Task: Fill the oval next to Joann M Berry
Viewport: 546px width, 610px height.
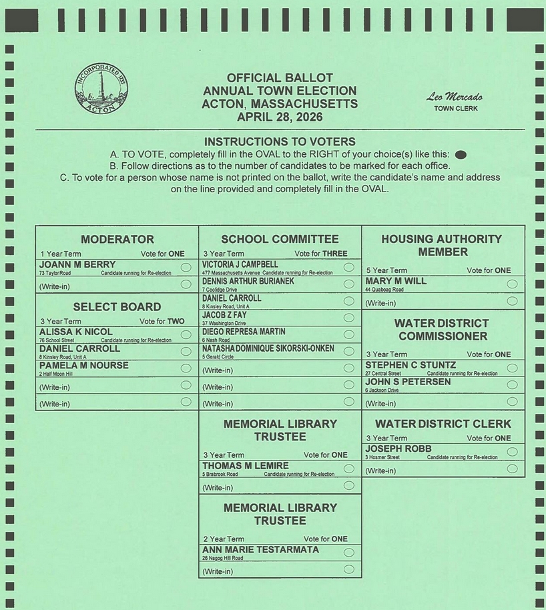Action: (x=186, y=267)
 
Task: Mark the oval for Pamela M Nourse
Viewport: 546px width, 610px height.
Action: (x=186, y=368)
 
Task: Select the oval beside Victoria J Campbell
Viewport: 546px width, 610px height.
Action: (x=348, y=267)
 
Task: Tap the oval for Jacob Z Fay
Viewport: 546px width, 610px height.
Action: (x=348, y=317)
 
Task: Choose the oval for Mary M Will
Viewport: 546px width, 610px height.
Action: (x=512, y=284)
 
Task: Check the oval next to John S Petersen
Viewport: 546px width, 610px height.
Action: (x=512, y=385)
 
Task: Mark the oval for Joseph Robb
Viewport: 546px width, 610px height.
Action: (x=512, y=452)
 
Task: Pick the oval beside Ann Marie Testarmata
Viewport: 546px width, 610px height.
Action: (x=348, y=553)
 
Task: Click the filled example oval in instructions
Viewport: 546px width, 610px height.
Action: (x=460, y=155)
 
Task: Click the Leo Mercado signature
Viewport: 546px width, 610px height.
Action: (x=455, y=97)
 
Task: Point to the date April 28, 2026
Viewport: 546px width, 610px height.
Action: (x=280, y=117)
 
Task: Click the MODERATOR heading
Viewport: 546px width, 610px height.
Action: (x=117, y=239)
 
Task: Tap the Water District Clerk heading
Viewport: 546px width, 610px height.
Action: (x=443, y=424)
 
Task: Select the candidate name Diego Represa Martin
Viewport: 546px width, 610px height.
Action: (x=244, y=332)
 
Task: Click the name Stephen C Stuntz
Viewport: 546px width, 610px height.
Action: (x=411, y=365)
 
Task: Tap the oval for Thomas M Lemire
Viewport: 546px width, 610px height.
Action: (x=348, y=469)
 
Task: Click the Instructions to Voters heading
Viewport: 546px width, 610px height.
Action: (x=280, y=141)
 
